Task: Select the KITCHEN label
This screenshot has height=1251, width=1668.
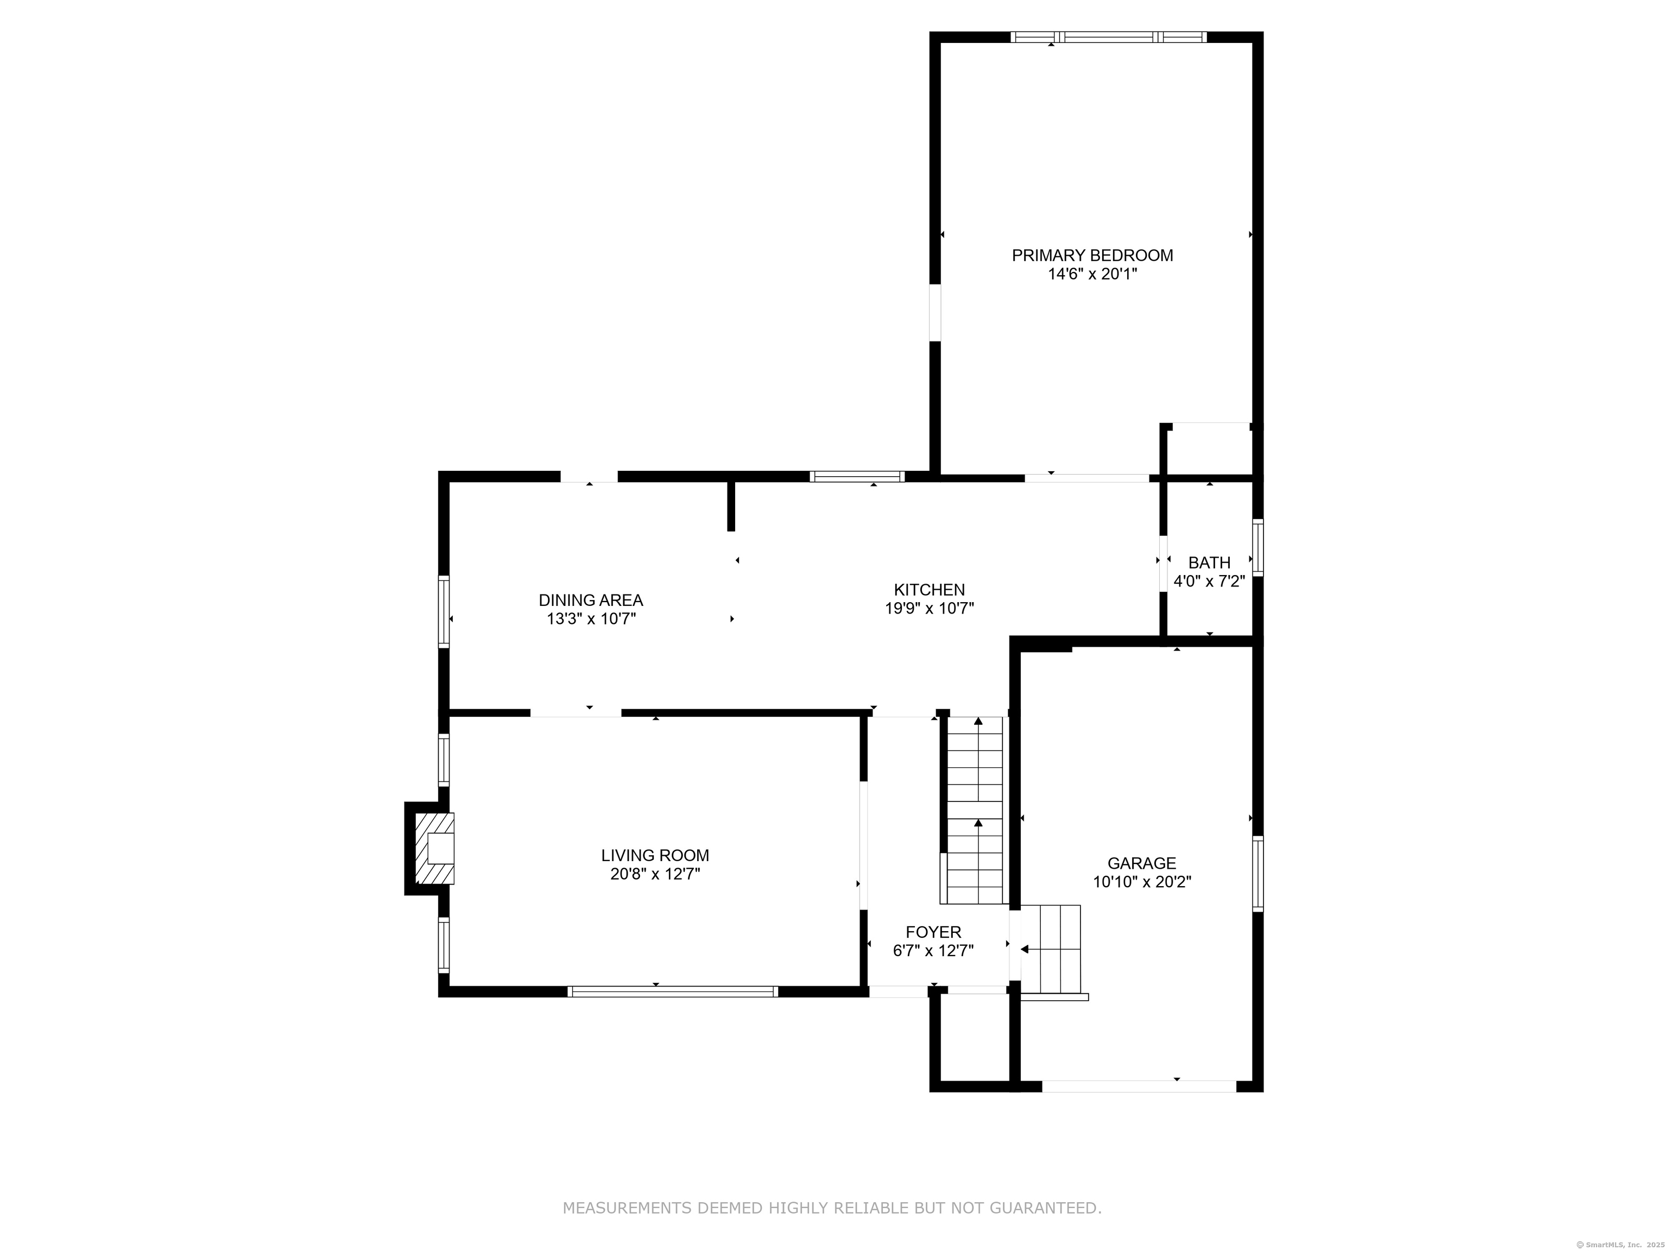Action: click(x=929, y=590)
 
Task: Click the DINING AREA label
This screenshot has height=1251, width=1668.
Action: click(x=590, y=600)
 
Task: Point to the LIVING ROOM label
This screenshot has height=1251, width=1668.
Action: click(x=654, y=855)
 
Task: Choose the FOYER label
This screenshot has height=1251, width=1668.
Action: click(x=933, y=932)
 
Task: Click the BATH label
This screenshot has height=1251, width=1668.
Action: click(x=1209, y=563)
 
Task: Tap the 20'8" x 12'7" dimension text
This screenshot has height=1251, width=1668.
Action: click(x=654, y=874)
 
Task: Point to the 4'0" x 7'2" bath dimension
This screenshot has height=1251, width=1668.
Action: click(x=1209, y=582)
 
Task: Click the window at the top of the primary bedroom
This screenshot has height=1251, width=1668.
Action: click(x=1108, y=37)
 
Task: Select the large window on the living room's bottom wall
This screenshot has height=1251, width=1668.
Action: click(x=672, y=991)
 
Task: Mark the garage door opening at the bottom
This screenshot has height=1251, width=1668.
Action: click(x=1139, y=1086)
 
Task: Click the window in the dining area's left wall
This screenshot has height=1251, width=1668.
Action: click(x=444, y=611)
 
